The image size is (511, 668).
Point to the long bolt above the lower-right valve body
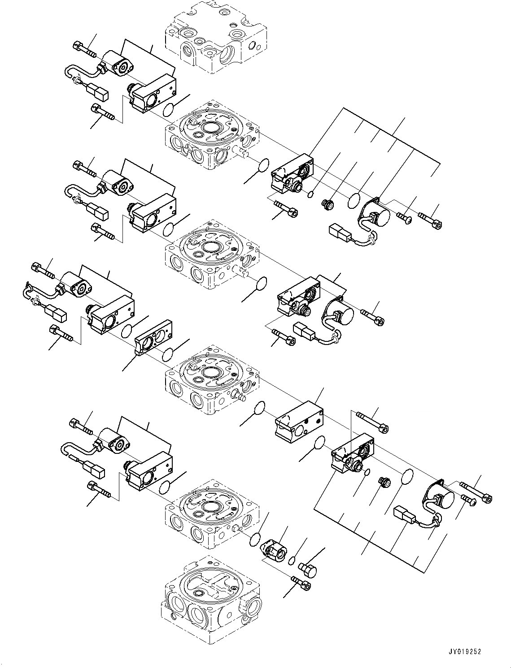tap(373, 422)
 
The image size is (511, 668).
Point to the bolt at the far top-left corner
tap(84, 48)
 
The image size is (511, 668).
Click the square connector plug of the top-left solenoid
tap(97, 92)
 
